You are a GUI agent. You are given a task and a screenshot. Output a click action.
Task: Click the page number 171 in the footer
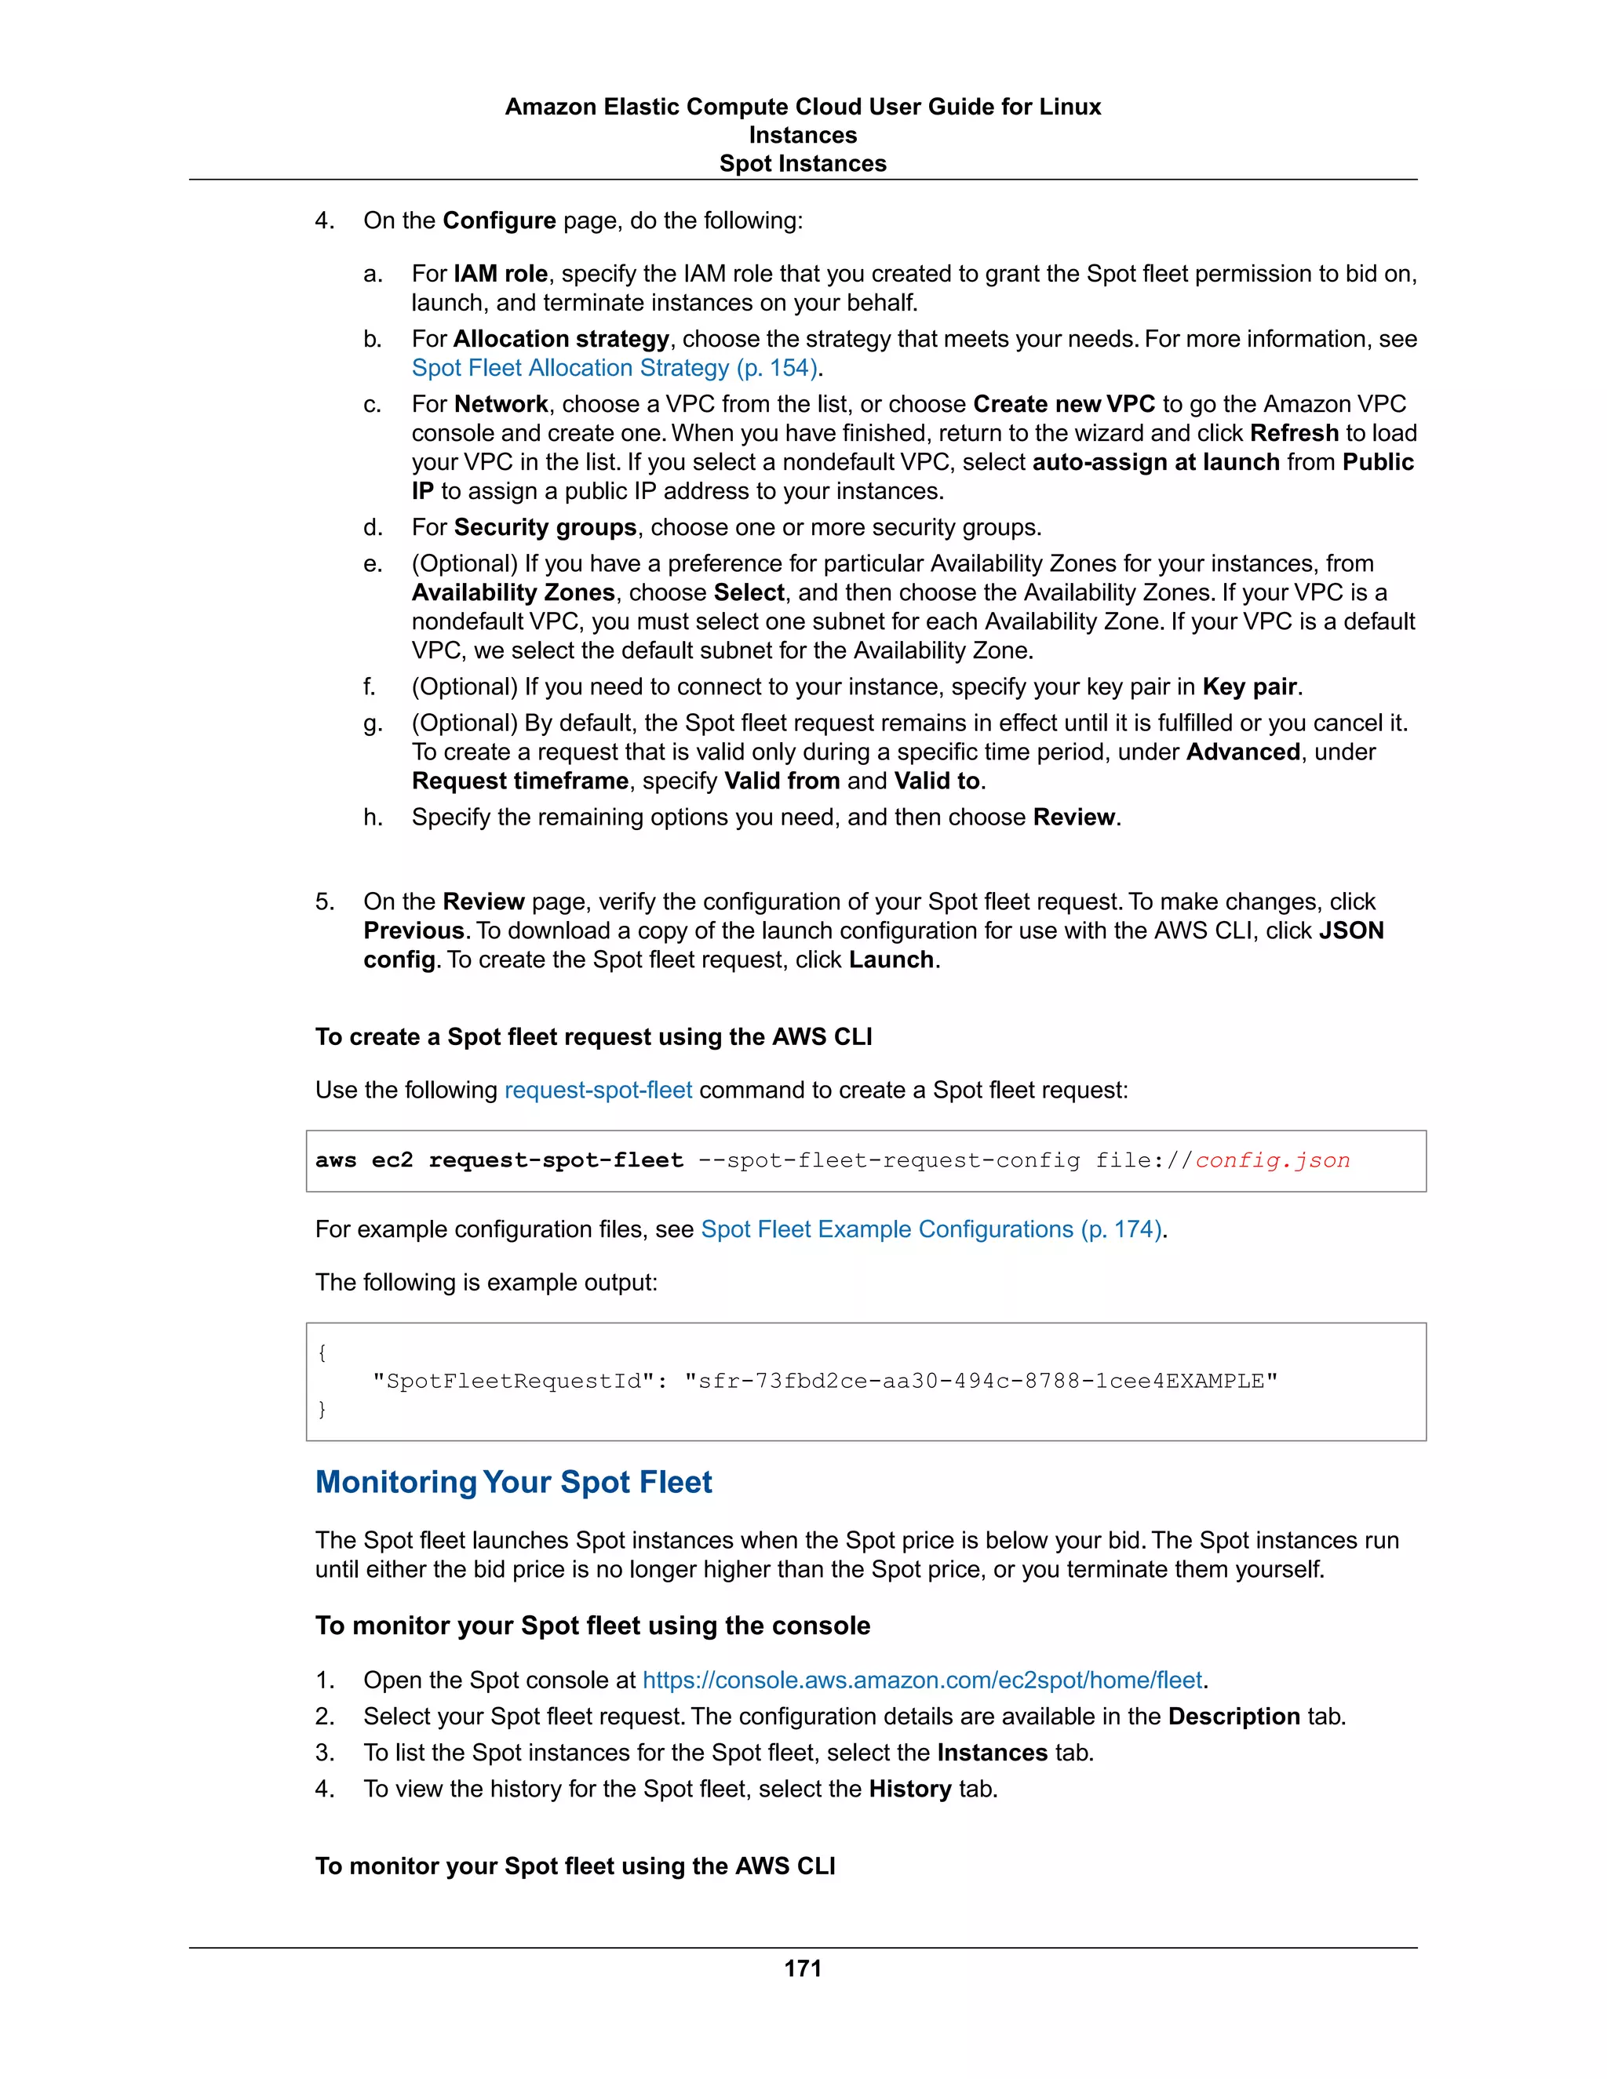[803, 1968]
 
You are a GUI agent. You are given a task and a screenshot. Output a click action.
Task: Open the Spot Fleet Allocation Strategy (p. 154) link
[614, 369]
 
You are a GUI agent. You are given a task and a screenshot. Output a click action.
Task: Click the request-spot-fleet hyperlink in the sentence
[598, 1090]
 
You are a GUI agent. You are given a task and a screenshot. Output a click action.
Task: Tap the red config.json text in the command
[1272, 1160]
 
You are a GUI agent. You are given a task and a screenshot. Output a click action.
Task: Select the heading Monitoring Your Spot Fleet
[513, 1482]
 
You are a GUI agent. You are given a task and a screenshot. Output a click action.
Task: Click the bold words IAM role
[501, 274]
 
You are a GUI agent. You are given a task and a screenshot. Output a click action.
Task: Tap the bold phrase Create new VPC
[1063, 405]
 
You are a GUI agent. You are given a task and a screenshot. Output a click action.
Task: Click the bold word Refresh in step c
[1294, 433]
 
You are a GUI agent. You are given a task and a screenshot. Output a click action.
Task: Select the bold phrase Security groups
[545, 527]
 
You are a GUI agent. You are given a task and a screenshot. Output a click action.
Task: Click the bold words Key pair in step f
[1249, 687]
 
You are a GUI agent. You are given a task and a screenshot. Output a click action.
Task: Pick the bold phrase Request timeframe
[519, 781]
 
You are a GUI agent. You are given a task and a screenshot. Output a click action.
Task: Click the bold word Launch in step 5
[891, 959]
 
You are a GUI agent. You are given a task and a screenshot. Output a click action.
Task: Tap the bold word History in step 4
[909, 1789]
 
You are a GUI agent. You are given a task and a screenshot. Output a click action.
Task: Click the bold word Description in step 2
[1233, 1717]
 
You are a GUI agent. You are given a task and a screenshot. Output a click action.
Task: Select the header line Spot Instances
[803, 164]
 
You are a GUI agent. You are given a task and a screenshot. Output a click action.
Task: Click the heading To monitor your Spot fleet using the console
[592, 1625]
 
